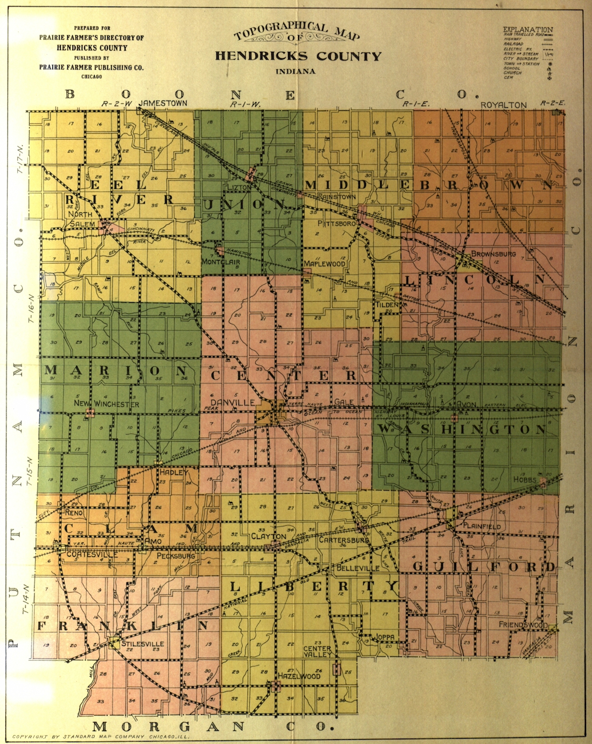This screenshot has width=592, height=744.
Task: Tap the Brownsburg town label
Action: click(x=493, y=253)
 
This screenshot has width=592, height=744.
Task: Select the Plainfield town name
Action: click(x=483, y=528)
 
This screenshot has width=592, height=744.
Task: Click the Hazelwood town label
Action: click(x=299, y=676)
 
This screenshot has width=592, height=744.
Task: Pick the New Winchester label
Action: click(x=106, y=404)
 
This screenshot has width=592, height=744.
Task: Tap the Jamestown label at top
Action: click(x=163, y=103)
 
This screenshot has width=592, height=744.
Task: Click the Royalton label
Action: click(x=504, y=105)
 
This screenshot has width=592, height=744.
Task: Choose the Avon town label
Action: click(x=467, y=402)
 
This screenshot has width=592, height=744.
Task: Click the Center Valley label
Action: click(x=317, y=652)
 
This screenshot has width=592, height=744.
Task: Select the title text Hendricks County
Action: click(x=297, y=57)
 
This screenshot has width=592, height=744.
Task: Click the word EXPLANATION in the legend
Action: click(x=528, y=29)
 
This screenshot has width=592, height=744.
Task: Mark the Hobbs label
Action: click(x=525, y=479)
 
